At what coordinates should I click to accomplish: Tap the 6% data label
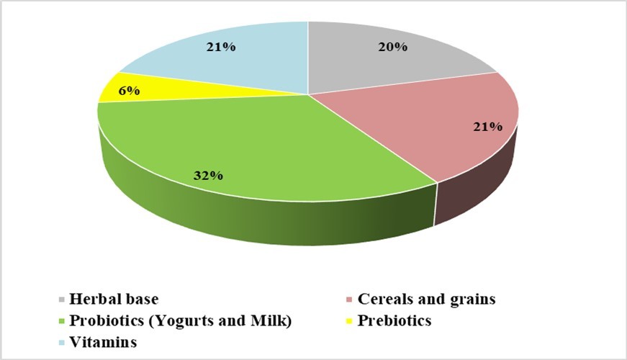click(130, 91)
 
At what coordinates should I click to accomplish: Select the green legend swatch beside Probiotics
click(63, 322)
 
